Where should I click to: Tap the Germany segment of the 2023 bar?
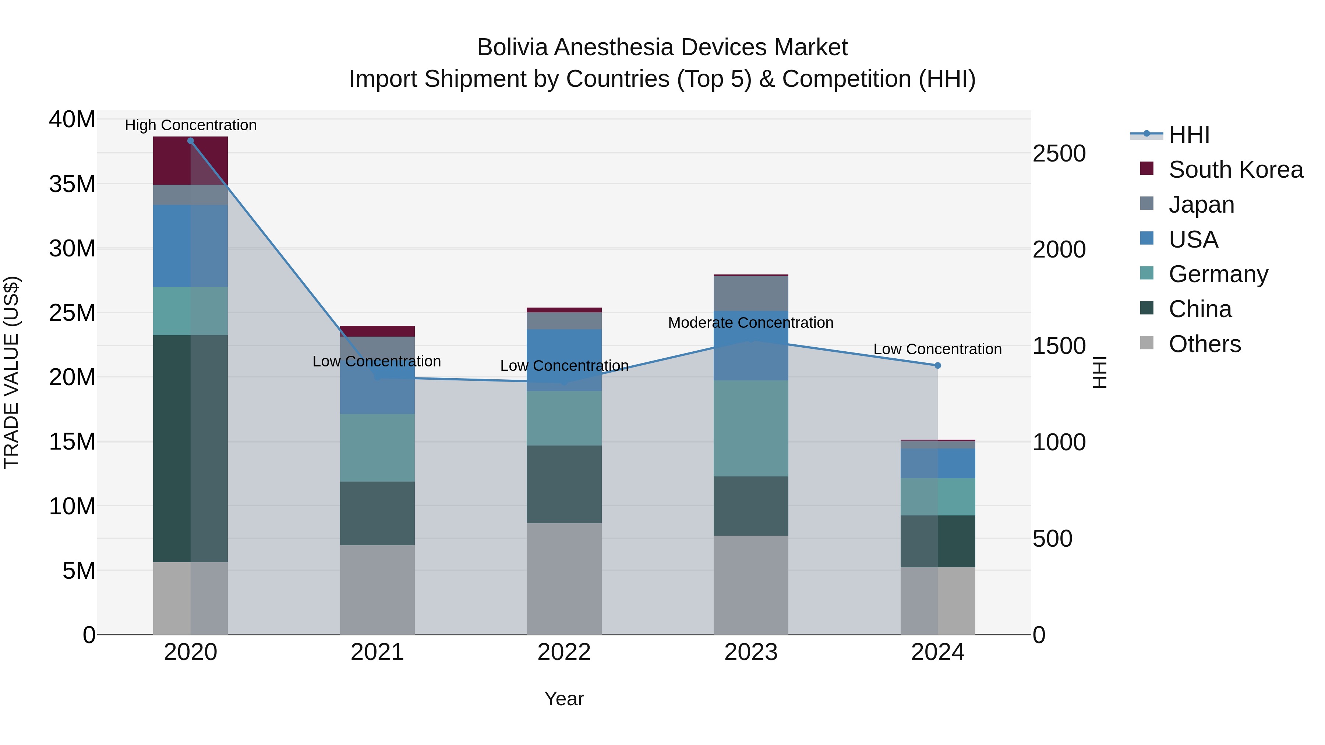[x=750, y=428]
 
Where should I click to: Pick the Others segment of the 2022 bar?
[x=564, y=578]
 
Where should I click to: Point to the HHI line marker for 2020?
[x=190, y=141]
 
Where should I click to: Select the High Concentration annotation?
[x=190, y=125]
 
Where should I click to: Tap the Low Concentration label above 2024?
[x=937, y=350]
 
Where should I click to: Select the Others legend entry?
[x=1204, y=344]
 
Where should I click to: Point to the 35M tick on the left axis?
[x=72, y=184]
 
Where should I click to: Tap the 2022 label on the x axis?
[x=564, y=652]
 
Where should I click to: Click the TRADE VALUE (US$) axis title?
[x=11, y=372]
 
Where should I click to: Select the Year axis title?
[x=564, y=699]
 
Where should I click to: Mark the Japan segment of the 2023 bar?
[x=750, y=294]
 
